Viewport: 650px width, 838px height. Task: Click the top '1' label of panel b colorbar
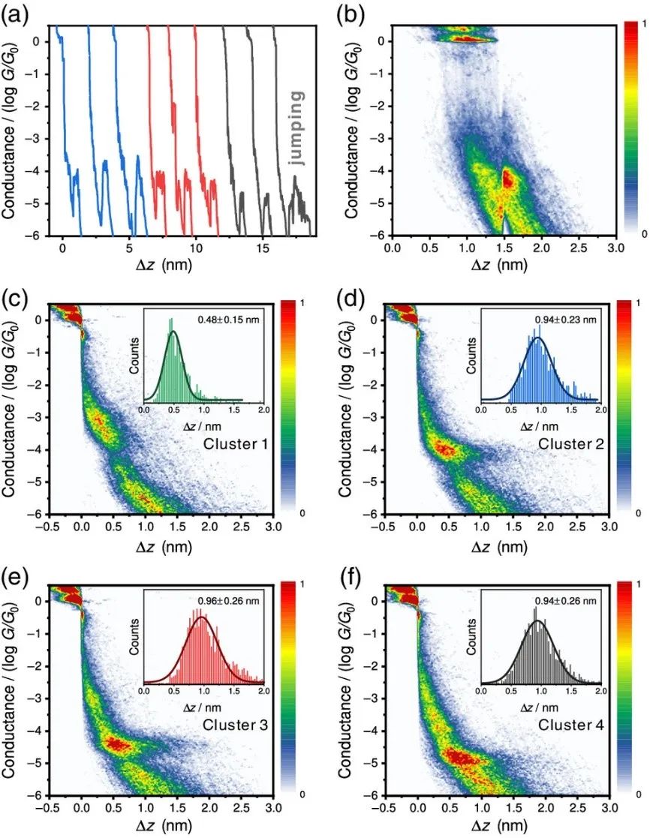pyautogui.click(x=640, y=24)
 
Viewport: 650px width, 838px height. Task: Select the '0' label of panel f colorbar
pyautogui.click(x=640, y=794)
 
